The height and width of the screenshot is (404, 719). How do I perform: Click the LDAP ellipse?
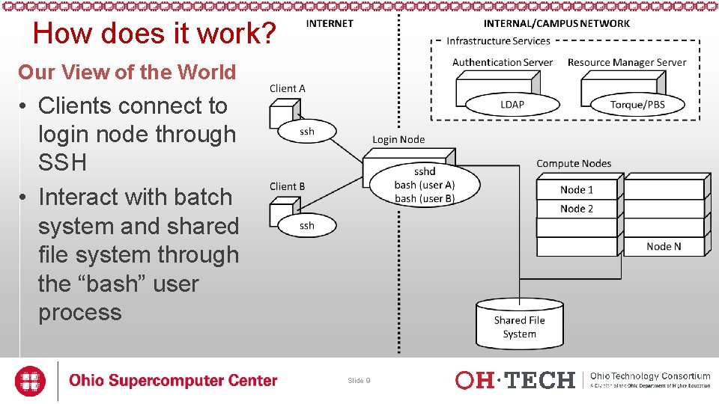pyautogui.click(x=512, y=104)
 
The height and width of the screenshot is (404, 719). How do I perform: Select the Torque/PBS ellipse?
pyautogui.click(x=637, y=104)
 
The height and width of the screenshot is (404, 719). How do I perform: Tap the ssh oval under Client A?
pyautogui.click(x=307, y=132)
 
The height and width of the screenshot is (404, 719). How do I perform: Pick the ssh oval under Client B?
pyautogui.click(x=307, y=225)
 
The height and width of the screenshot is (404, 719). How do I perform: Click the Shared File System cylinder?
pyautogui.click(x=519, y=323)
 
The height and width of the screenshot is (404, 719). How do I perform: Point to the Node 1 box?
pyautogui.click(x=577, y=189)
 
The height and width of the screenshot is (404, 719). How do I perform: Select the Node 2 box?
pyautogui.click(x=577, y=209)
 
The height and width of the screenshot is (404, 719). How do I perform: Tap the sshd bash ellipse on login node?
pyautogui.click(x=424, y=185)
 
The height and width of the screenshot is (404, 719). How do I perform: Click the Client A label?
pyautogui.click(x=288, y=88)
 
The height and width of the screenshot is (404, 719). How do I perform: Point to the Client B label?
pyautogui.click(x=288, y=186)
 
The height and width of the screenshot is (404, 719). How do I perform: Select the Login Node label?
pyautogui.click(x=398, y=139)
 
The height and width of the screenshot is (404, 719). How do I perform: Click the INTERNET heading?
pyautogui.click(x=330, y=23)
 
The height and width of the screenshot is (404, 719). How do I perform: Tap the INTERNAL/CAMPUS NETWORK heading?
pyautogui.click(x=556, y=23)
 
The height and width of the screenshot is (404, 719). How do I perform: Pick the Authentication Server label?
pyautogui.click(x=503, y=63)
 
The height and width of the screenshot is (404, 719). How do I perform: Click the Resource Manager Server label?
pyautogui.click(x=627, y=63)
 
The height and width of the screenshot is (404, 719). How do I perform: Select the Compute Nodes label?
pyautogui.click(x=574, y=163)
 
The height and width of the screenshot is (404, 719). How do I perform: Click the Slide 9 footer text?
pyautogui.click(x=359, y=381)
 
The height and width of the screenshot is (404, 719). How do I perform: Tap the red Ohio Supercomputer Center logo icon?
pyautogui.click(x=31, y=380)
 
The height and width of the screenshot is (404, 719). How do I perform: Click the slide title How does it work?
pyautogui.click(x=155, y=34)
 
